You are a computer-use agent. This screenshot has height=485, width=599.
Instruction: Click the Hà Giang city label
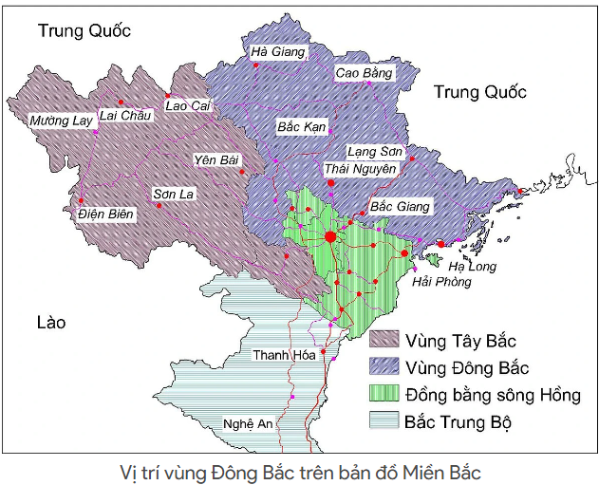[x=277, y=52]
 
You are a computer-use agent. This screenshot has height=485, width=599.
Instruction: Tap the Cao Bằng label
[x=364, y=73]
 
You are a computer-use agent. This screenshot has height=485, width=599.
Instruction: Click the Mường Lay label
[x=61, y=121]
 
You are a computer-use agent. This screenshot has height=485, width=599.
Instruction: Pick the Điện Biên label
[x=106, y=215]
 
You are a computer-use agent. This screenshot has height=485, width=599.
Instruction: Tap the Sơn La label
[x=174, y=195]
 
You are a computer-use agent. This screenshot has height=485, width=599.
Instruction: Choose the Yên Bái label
[x=215, y=159]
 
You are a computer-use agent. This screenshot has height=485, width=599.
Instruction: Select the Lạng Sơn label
[x=375, y=152]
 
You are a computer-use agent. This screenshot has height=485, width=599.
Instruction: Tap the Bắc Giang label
[x=400, y=206]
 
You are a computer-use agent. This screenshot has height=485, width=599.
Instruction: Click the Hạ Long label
[x=472, y=266]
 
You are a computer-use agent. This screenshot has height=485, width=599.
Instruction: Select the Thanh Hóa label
[x=283, y=355]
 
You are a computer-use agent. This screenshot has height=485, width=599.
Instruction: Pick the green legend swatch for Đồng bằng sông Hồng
[x=384, y=394]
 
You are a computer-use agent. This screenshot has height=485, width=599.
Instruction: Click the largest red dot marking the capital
[x=329, y=236]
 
